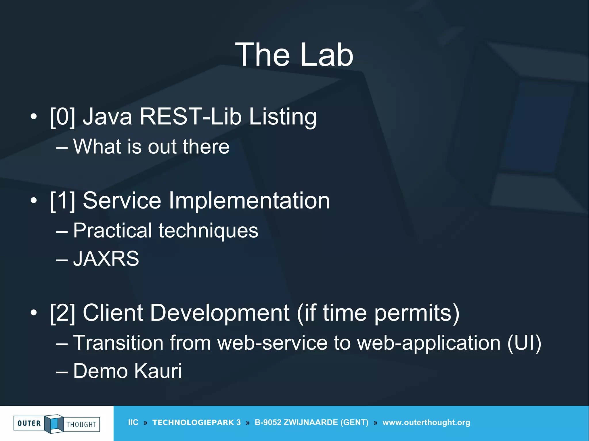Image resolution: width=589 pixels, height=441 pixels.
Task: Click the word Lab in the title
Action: (327, 55)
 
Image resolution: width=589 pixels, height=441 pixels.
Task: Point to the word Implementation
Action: (249, 201)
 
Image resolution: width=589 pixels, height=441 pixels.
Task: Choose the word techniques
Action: (208, 231)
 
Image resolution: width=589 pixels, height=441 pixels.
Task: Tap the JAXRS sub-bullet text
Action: (106, 259)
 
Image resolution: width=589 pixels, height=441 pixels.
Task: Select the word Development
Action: (219, 313)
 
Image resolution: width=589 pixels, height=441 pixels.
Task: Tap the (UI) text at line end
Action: (524, 343)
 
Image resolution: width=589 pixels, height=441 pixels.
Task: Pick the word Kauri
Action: (158, 371)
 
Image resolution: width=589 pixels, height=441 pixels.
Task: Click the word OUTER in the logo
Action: (29, 423)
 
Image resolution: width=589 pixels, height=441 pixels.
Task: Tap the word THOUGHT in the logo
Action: (81, 424)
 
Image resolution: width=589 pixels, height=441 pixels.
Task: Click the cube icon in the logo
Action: (54, 423)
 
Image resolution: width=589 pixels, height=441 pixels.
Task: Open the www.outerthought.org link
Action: (426, 422)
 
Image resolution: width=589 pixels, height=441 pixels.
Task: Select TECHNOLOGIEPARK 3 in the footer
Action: (196, 422)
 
